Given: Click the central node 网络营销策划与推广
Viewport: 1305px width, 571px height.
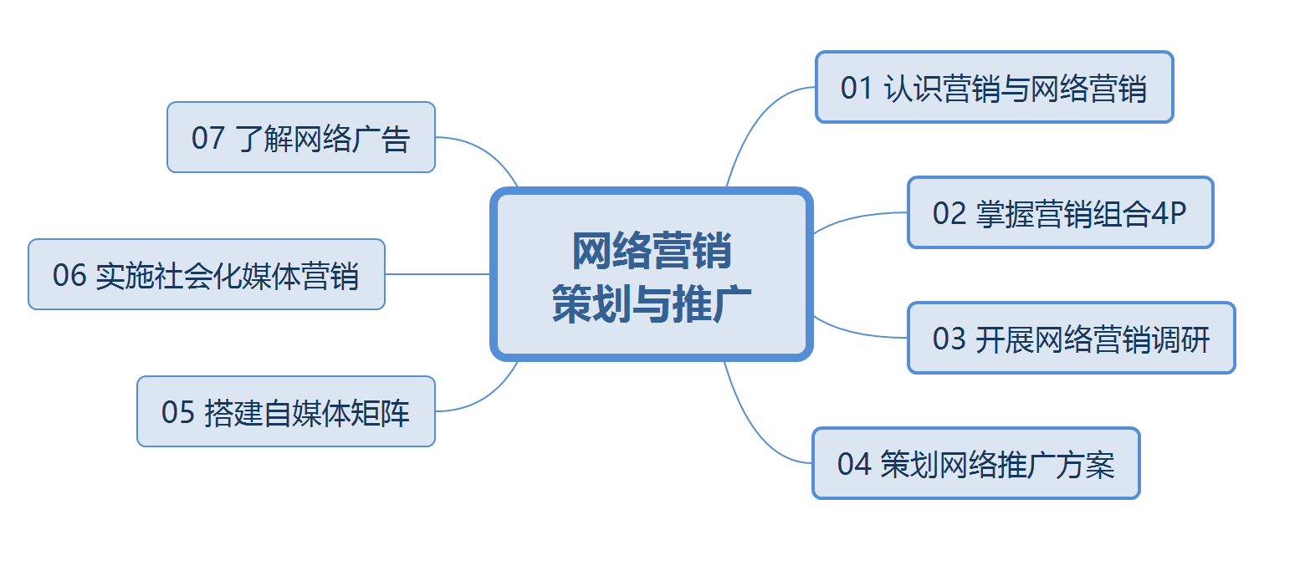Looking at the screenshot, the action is click(652, 274).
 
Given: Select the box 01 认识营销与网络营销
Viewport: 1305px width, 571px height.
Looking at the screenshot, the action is click(994, 87).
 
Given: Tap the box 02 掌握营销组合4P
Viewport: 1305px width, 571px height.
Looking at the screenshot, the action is click(1061, 212).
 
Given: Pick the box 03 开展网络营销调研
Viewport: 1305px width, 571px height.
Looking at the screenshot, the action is click(1072, 338).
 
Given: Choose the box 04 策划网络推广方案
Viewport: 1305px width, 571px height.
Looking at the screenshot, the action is click(976, 463).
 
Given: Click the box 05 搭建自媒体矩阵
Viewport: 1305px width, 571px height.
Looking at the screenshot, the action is click(286, 411).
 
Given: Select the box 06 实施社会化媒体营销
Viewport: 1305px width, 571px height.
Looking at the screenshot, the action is click(207, 274).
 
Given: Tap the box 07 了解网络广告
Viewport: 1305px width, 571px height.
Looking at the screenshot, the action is click(301, 137).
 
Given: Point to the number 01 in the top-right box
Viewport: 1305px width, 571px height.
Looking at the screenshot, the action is click(857, 89).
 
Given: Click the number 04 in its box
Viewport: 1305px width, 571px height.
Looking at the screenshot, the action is click(854, 465).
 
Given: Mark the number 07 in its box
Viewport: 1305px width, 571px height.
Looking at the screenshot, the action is click(208, 139).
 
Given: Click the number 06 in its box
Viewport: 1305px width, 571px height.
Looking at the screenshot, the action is click(69, 275).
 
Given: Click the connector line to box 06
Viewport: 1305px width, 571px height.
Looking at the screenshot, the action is click(438, 274).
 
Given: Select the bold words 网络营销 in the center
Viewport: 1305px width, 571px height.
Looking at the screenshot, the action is click(652, 251).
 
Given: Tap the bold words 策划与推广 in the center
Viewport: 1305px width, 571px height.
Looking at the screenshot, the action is click(652, 303).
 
